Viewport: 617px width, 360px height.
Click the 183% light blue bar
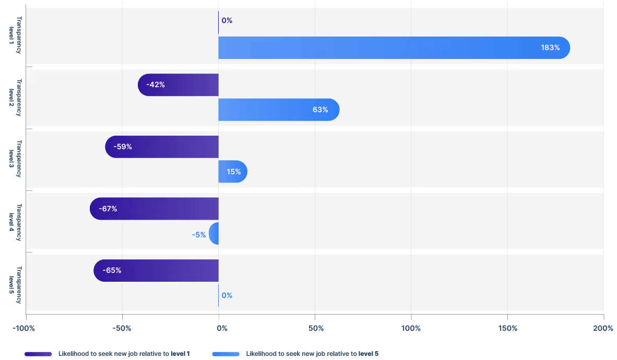(394, 47)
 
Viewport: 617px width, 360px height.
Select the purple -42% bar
(178, 85)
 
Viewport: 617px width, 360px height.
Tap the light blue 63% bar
(279, 110)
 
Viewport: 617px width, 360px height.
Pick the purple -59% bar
(162, 147)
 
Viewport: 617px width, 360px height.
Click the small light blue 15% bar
(233, 172)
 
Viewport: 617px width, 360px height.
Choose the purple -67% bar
(154, 209)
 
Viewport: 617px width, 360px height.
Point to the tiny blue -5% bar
(214, 234)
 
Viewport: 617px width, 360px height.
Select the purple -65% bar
(156, 270)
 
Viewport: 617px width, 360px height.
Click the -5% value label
(199, 235)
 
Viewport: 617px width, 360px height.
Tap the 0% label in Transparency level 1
(227, 21)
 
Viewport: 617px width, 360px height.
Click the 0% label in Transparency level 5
(227, 295)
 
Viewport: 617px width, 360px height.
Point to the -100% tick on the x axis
(23, 328)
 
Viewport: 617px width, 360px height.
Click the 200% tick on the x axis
(603, 328)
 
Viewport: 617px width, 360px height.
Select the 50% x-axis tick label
(316, 328)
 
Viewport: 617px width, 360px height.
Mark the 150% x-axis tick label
(507, 328)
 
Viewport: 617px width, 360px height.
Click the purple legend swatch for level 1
(38, 354)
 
